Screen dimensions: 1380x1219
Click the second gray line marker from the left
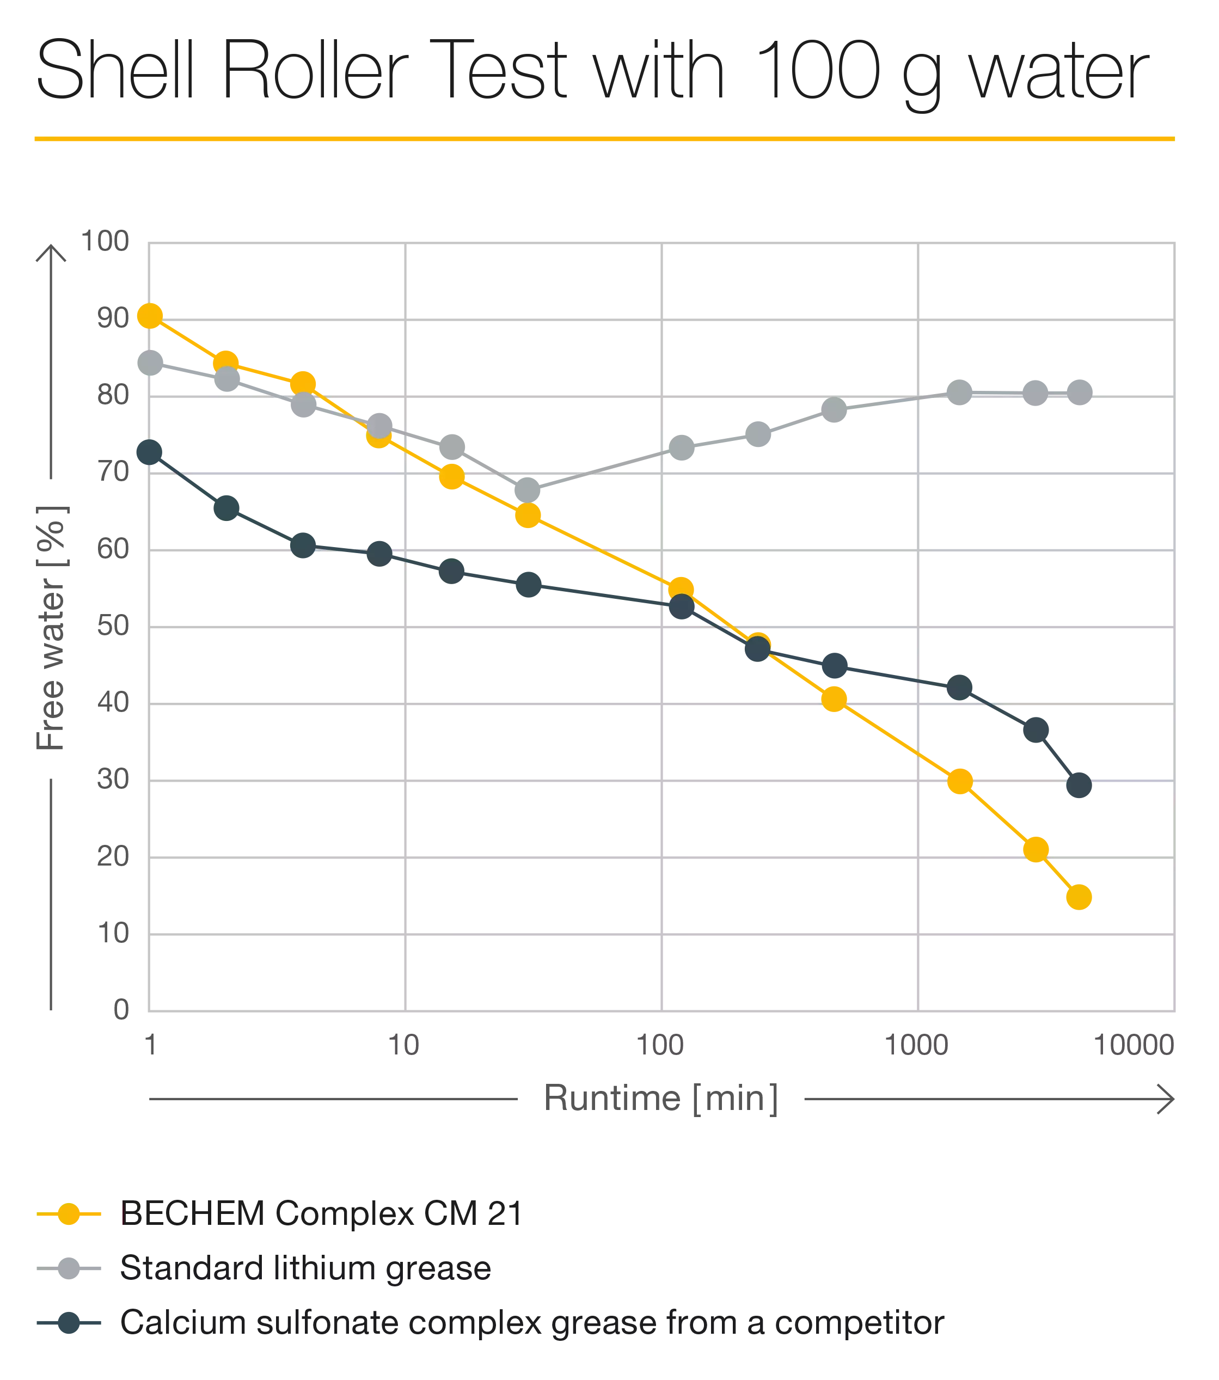[x=228, y=379]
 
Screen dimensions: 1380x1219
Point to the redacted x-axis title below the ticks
[x=857, y=1097]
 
